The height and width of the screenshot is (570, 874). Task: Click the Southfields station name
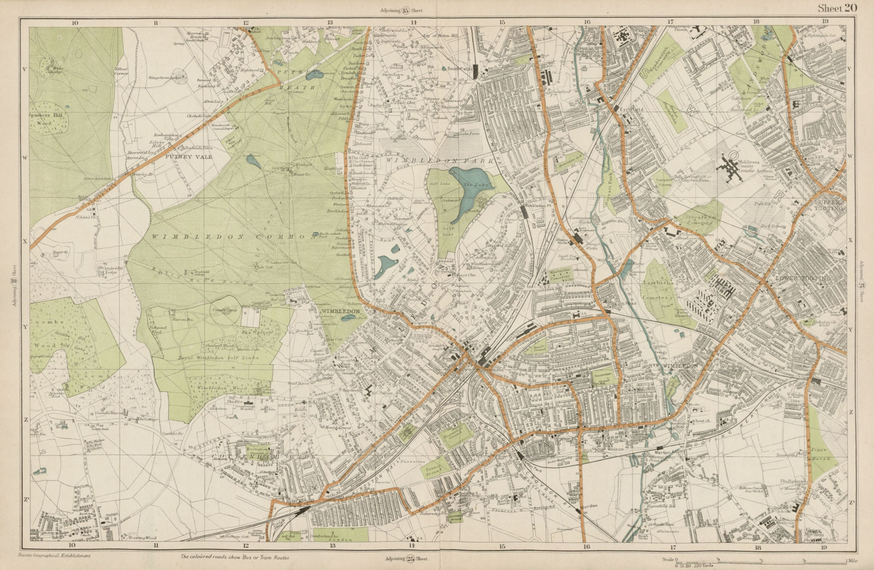click(458, 70)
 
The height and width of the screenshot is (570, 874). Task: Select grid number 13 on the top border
click(329, 22)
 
